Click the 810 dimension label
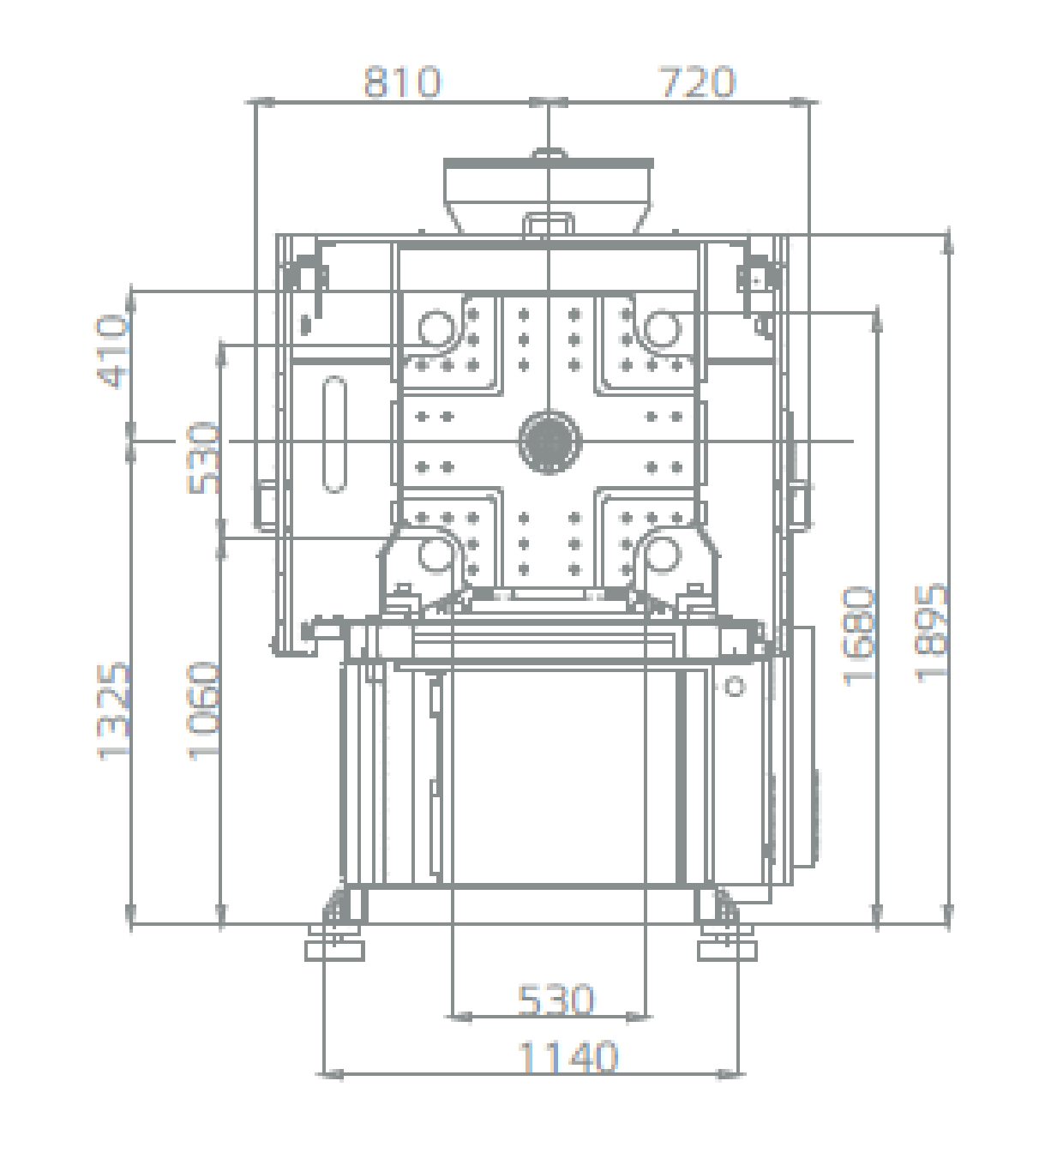click(402, 82)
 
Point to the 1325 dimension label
click(112, 712)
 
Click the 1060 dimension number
click(203, 712)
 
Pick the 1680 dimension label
click(858, 636)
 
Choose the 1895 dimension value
click(930, 634)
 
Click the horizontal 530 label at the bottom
click(556, 1000)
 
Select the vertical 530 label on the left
click(203, 458)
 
